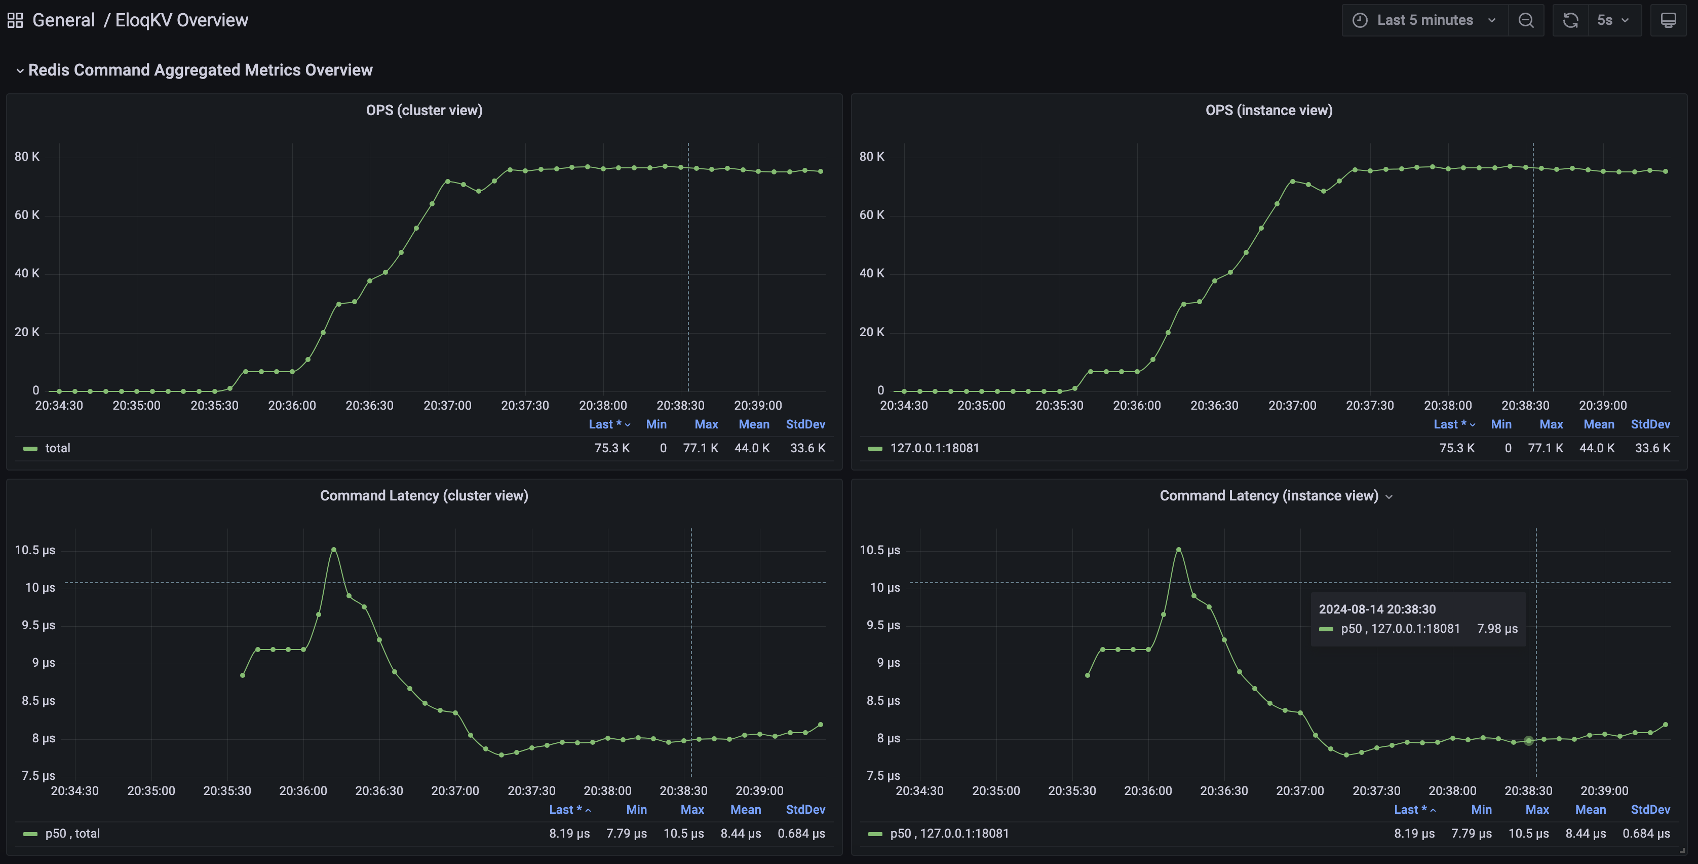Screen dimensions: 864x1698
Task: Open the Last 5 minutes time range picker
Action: click(x=1424, y=20)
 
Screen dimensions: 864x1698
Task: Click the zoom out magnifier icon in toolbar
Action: click(x=1526, y=20)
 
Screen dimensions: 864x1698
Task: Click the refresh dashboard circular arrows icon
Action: click(x=1570, y=20)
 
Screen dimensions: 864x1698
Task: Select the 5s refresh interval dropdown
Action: click(x=1612, y=20)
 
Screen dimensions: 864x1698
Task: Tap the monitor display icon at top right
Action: click(x=1668, y=20)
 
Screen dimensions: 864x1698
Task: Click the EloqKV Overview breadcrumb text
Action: click(x=181, y=20)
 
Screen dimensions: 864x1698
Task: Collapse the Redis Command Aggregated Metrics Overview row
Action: click(x=20, y=70)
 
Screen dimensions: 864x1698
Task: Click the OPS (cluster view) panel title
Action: click(x=424, y=110)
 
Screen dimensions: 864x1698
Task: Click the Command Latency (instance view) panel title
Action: click(x=1268, y=495)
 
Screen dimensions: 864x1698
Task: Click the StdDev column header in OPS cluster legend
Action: click(x=805, y=424)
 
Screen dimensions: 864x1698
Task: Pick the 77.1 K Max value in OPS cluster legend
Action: click(x=700, y=448)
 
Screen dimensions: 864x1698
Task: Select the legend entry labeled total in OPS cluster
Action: click(x=57, y=448)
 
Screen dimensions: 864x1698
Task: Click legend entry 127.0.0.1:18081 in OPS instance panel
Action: click(x=934, y=448)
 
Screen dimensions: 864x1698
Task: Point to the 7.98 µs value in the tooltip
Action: click(x=1497, y=629)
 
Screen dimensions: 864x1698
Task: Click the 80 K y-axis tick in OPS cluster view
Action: click(x=27, y=156)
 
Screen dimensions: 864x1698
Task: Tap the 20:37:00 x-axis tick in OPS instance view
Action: click(x=1292, y=405)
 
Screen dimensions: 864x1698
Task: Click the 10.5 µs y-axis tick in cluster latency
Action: click(x=35, y=550)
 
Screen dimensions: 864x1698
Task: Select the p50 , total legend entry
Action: click(x=72, y=833)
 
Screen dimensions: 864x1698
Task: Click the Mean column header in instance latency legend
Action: click(x=1590, y=809)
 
